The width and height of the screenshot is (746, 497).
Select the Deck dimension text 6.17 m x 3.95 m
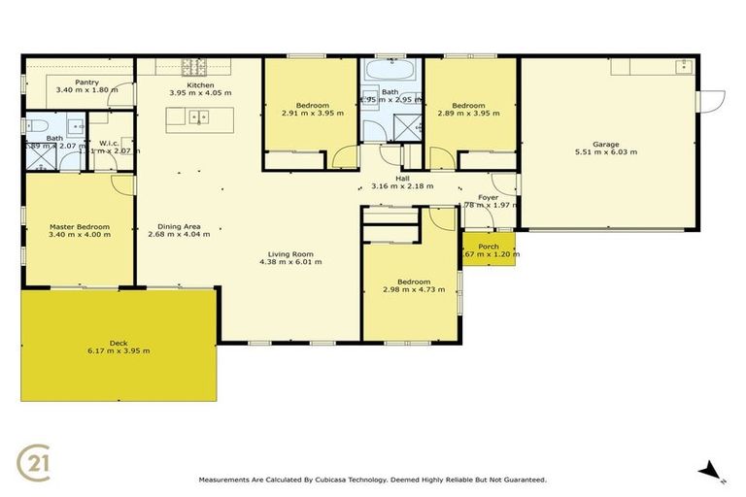tap(119, 350)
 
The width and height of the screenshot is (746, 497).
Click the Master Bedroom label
tap(80, 226)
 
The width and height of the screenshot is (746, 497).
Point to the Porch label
tap(489, 247)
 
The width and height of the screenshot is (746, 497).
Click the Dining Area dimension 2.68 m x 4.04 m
tap(179, 234)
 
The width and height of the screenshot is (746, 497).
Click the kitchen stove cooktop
tap(194, 67)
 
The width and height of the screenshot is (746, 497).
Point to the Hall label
tap(402, 178)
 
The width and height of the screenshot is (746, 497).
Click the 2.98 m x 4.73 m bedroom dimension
tap(406, 289)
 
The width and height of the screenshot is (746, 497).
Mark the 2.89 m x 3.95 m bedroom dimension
tap(468, 113)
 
